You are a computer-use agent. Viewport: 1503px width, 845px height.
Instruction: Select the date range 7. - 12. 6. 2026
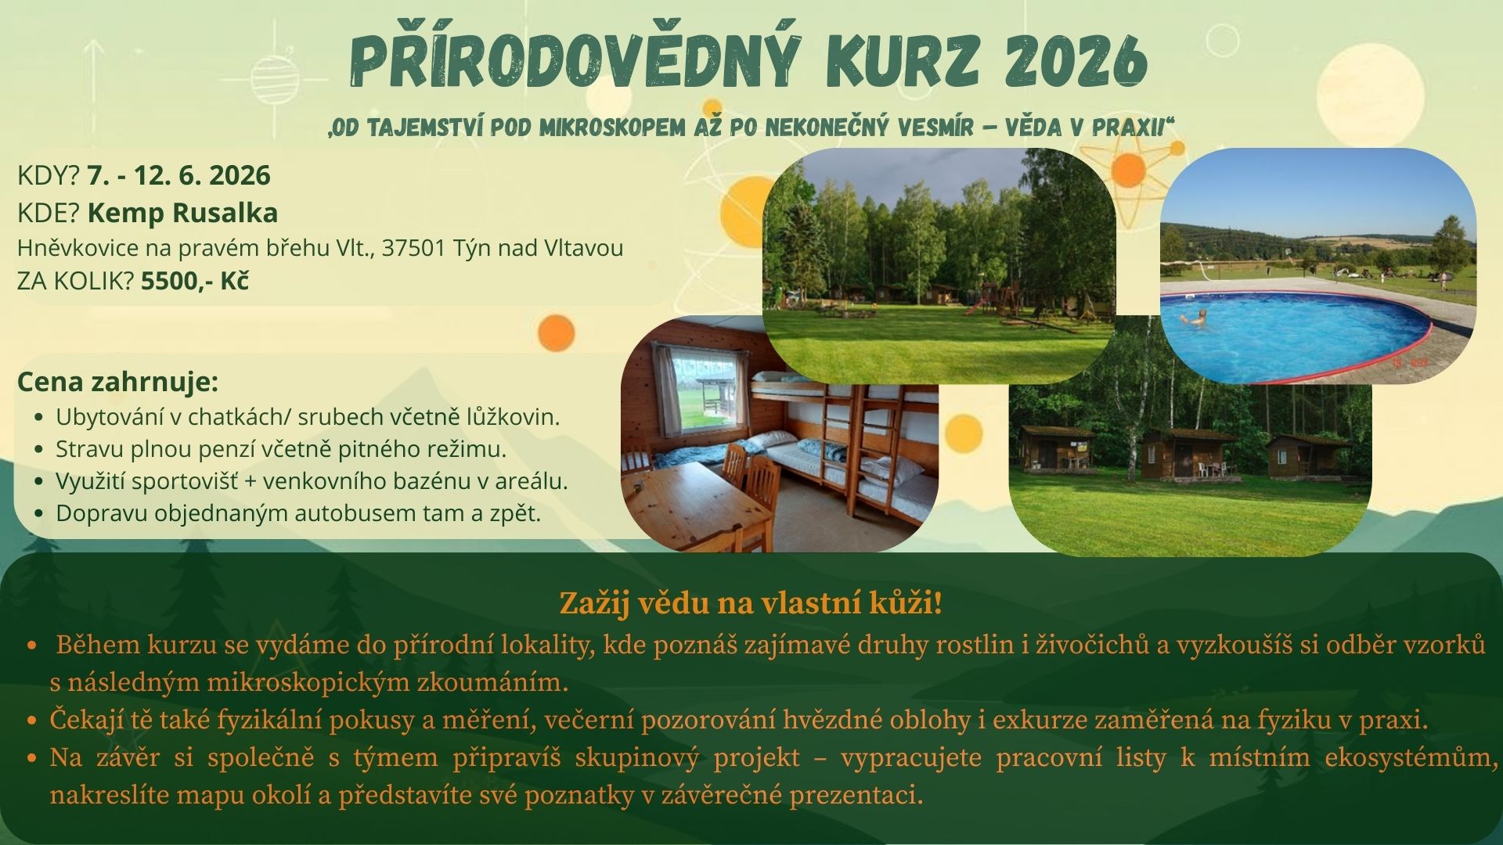pyautogui.click(x=178, y=175)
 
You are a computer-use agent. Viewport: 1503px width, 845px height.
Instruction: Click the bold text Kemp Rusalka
pyautogui.click(x=182, y=213)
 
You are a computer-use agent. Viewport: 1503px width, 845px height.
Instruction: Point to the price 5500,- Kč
pyautogui.click(x=195, y=281)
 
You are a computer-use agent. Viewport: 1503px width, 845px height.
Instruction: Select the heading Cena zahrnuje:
pyautogui.click(x=117, y=382)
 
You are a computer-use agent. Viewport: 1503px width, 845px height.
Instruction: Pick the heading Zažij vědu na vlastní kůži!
pyautogui.click(x=751, y=603)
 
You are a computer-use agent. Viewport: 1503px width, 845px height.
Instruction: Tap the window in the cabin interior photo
pyautogui.click(x=699, y=390)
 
